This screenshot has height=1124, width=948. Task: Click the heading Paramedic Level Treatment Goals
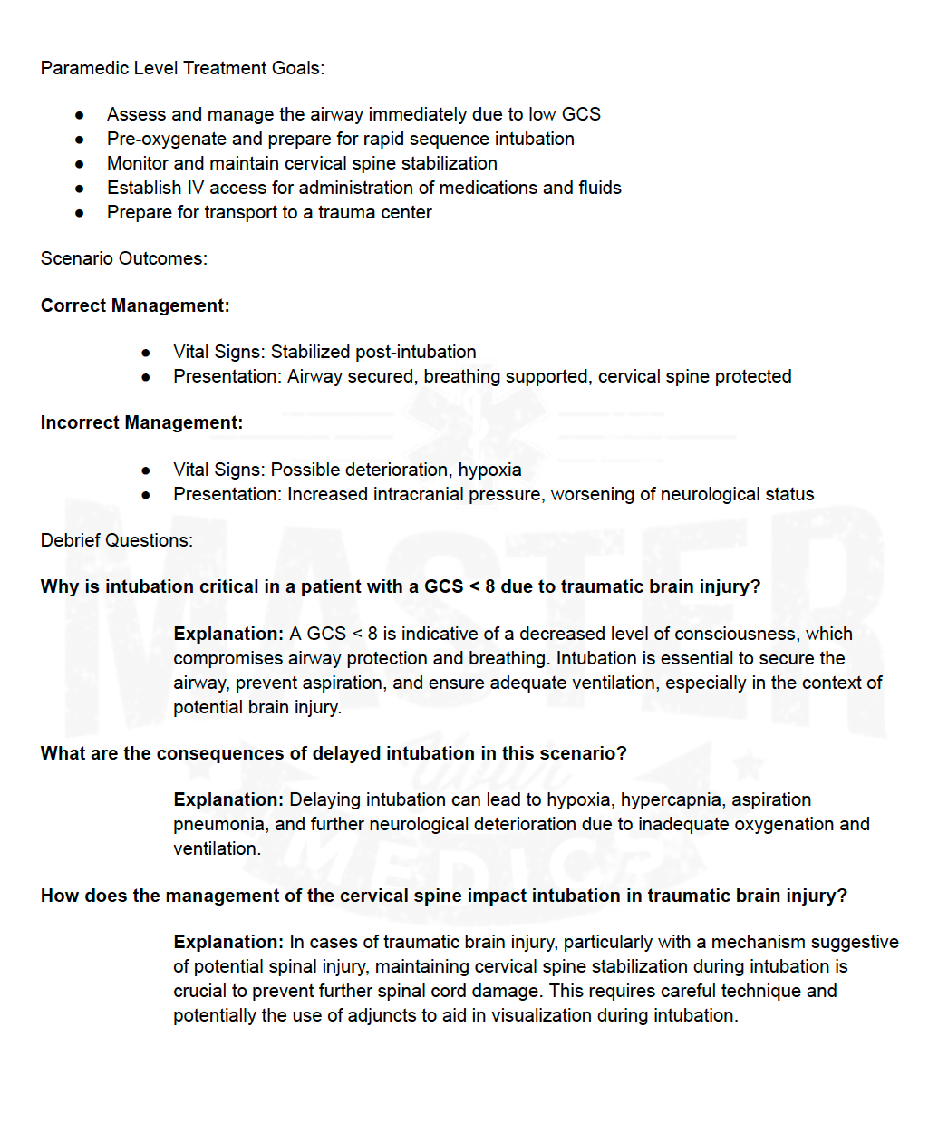[182, 68]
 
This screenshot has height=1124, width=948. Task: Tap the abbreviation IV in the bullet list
[195, 188]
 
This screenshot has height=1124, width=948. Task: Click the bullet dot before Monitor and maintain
[80, 164]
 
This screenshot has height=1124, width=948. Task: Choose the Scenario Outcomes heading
[123, 258]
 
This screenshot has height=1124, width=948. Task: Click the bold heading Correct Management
[135, 305]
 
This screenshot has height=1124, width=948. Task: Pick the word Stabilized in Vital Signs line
[310, 352]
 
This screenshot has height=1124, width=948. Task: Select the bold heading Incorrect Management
[141, 422]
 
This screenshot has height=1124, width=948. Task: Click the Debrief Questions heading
[116, 540]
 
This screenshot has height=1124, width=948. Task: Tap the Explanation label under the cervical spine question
[228, 942]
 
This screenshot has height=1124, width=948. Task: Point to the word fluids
[600, 188]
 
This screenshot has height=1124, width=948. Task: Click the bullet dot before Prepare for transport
[80, 213]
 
